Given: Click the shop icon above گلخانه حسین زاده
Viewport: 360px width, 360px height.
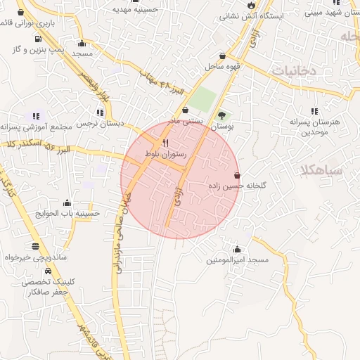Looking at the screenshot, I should click(x=236, y=175).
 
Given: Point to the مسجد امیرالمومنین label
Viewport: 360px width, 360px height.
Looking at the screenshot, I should click(x=238, y=260).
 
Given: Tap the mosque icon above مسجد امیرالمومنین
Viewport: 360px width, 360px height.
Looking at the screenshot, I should click(x=237, y=249).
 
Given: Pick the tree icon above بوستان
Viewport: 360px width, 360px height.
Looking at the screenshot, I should click(x=222, y=115).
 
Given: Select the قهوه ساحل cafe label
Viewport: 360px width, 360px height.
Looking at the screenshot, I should click(x=223, y=66).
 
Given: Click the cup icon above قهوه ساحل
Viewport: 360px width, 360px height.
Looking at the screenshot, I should click(x=223, y=56).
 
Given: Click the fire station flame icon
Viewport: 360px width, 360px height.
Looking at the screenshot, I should click(x=251, y=5).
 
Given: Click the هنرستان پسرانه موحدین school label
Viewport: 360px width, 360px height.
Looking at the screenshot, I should click(x=314, y=127).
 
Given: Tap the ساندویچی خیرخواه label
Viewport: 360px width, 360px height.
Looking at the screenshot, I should click(x=35, y=257).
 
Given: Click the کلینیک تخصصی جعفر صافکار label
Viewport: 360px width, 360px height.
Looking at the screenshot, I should click(x=45, y=286).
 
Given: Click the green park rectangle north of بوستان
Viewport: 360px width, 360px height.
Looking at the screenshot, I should click(x=202, y=100).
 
